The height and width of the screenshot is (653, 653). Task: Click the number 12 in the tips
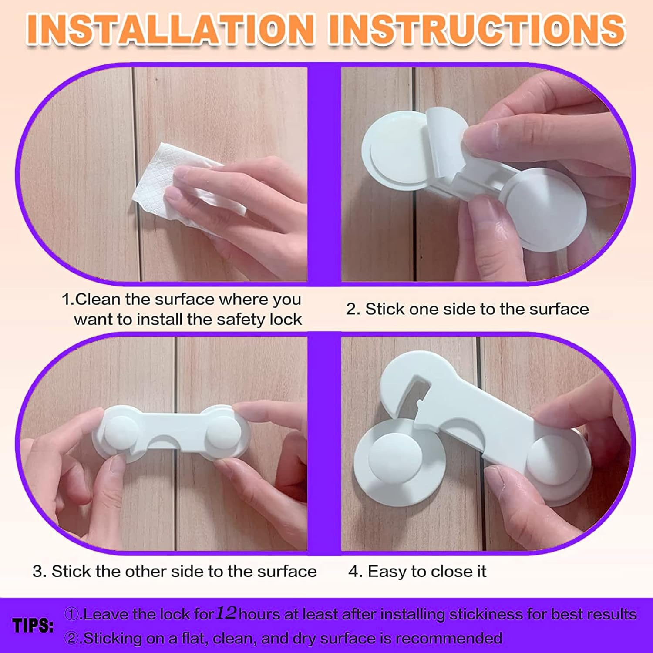(x=226, y=613)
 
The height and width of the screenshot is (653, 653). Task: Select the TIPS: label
(x=33, y=626)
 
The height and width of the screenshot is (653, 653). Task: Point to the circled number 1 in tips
(x=72, y=614)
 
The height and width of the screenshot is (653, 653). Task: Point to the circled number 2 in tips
(x=72, y=638)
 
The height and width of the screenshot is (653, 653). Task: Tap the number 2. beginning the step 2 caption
(x=353, y=310)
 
